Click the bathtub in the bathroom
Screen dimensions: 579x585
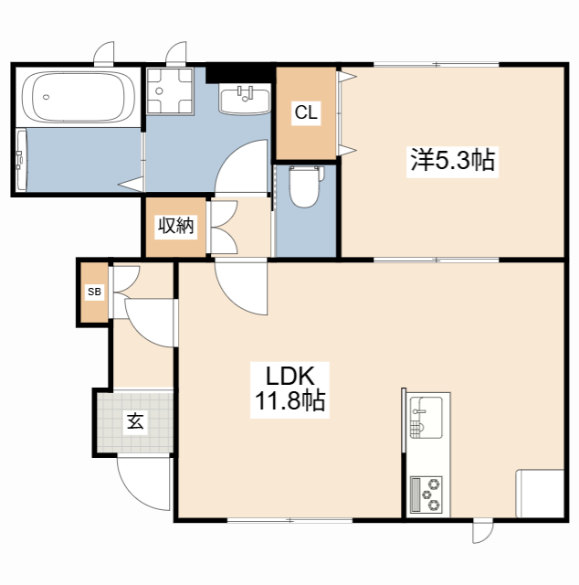[x=79, y=96]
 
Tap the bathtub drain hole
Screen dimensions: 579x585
[x=46, y=97]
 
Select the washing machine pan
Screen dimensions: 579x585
[x=170, y=90]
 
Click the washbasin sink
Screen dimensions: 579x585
[x=245, y=99]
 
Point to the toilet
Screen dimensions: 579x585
[x=306, y=186]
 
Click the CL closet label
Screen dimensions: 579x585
[x=306, y=112]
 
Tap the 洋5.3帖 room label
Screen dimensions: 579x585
[x=452, y=160]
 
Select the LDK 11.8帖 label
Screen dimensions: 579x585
[x=289, y=389]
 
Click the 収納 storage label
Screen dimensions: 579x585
[x=176, y=226]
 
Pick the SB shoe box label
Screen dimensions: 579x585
[x=94, y=292]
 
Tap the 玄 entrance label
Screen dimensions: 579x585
[x=135, y=421]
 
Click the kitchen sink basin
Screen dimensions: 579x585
[x=426, y=418]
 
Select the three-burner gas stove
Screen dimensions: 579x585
[x=426, y=495]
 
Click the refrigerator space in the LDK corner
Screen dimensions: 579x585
[x=540, y=494]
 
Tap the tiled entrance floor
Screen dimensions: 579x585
[x=135, y=422]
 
